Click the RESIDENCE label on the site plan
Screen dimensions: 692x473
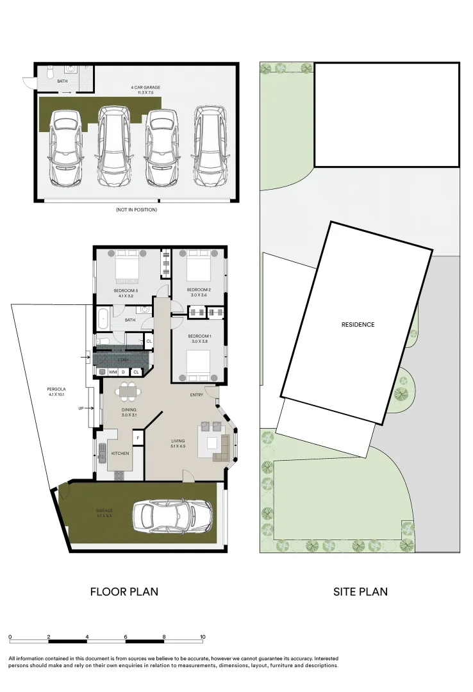[x=358, y=325]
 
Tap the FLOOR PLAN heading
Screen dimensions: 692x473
[x=124, y=591]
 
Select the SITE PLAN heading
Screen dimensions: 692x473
[x=360, y=591]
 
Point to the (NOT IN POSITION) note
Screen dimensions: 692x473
[x=136, y=210]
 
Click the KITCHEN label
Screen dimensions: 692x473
[x=120, y=454]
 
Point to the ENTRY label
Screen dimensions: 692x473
[x=197, y=395]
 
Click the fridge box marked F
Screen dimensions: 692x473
[x=137, y=438]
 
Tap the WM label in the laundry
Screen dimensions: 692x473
[x=112, y=372]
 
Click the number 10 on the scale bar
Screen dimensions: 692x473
[x=203, y=637]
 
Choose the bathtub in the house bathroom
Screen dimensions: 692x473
[x=103, y=318]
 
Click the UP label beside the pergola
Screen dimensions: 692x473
[x=82, y=408]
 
